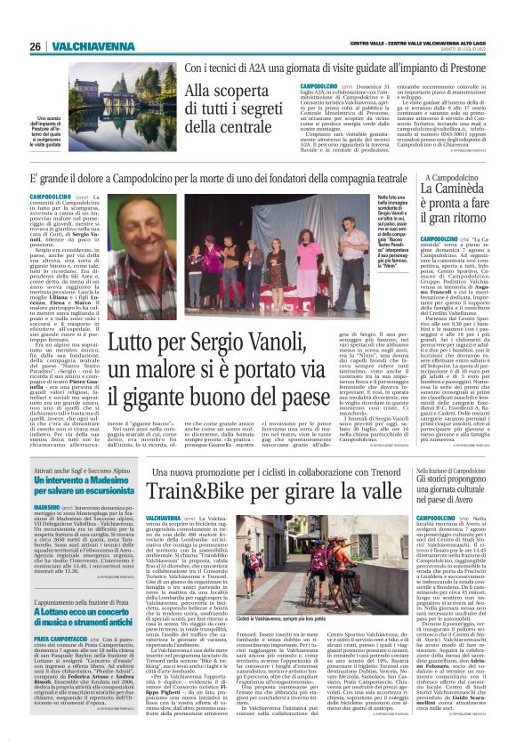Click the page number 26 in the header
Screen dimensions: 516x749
coord(35,46)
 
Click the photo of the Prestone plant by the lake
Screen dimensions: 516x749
coord(61,89)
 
